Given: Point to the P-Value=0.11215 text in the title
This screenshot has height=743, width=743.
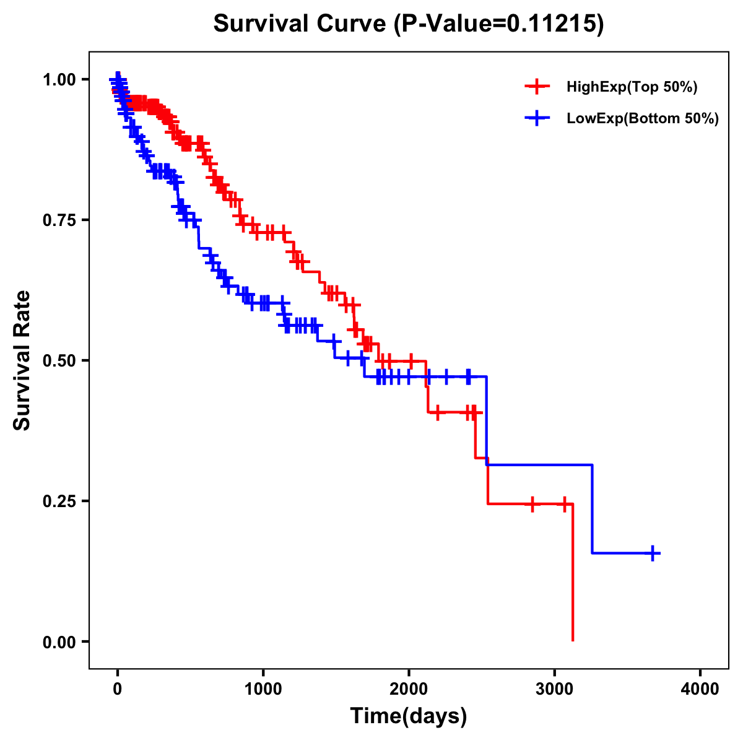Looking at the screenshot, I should [x=498, y=24].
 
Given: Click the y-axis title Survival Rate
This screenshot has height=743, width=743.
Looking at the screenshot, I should [x=22, y=360].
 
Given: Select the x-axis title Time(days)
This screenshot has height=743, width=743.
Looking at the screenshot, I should [x=409, y=716].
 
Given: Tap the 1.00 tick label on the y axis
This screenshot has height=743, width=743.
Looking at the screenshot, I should [x=59, y=80].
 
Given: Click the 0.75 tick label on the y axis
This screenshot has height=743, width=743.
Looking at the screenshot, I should [x=59, y=220].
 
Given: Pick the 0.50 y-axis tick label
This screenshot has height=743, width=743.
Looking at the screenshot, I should [x=59, y=361].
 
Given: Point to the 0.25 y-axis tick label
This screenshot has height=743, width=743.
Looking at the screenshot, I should [x=59, y=502].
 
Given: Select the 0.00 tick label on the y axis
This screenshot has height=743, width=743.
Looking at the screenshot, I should [x=59, y=642].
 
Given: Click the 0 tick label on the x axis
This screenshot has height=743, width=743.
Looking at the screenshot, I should [x=118, y=689].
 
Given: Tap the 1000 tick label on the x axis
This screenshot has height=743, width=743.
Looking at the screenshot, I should [x=263, y=689].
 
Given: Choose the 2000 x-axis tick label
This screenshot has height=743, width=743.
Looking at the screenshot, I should [x=409, y=689].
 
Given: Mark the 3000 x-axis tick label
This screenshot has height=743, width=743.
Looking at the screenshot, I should [x=555, y=689].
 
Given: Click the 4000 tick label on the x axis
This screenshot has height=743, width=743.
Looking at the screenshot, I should [x=700, y=689].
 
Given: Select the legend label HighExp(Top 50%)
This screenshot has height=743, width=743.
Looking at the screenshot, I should [x=632, y=87].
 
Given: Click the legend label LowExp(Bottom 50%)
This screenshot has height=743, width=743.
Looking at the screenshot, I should [x=643, y=119].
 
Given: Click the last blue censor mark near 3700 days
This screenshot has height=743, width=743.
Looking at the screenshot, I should [x=653, y=553].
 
